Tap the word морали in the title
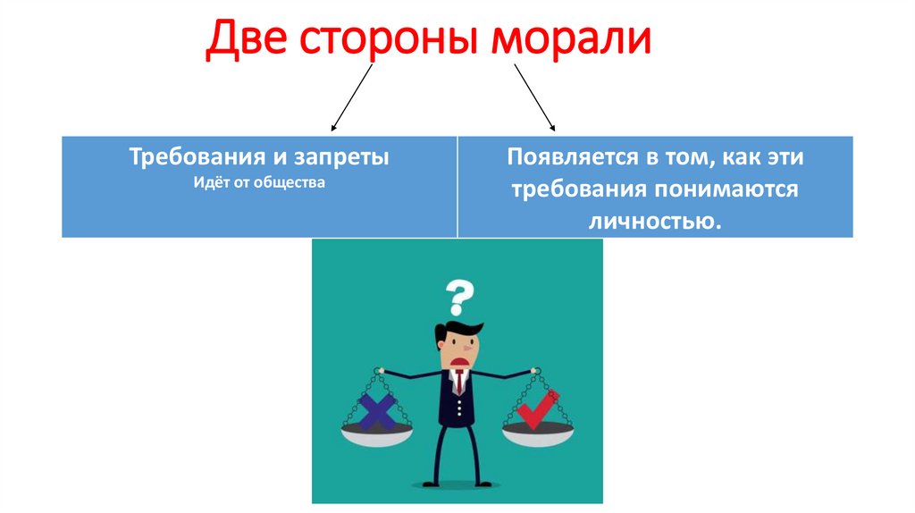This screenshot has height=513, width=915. [x=568, y=43]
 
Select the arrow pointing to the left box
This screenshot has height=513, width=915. [x=351, y=98]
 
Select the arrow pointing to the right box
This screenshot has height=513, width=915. [x=534, y=98]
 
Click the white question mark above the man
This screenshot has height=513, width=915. [x=458, y=296]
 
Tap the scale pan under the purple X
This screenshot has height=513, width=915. [x=377, y=436]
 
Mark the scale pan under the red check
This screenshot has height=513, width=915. [x=539, y=436]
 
